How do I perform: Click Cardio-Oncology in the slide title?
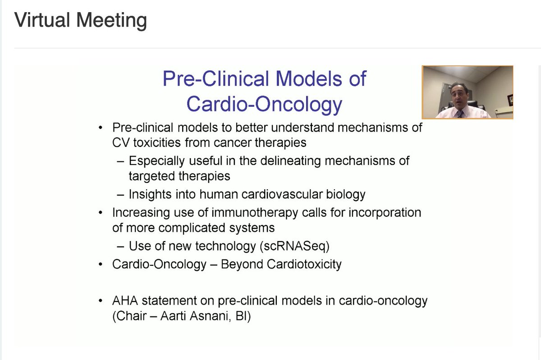[x=264, y=104]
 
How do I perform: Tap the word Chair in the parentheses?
[x=132, y=316]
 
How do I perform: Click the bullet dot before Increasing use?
[x=100, y=212]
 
